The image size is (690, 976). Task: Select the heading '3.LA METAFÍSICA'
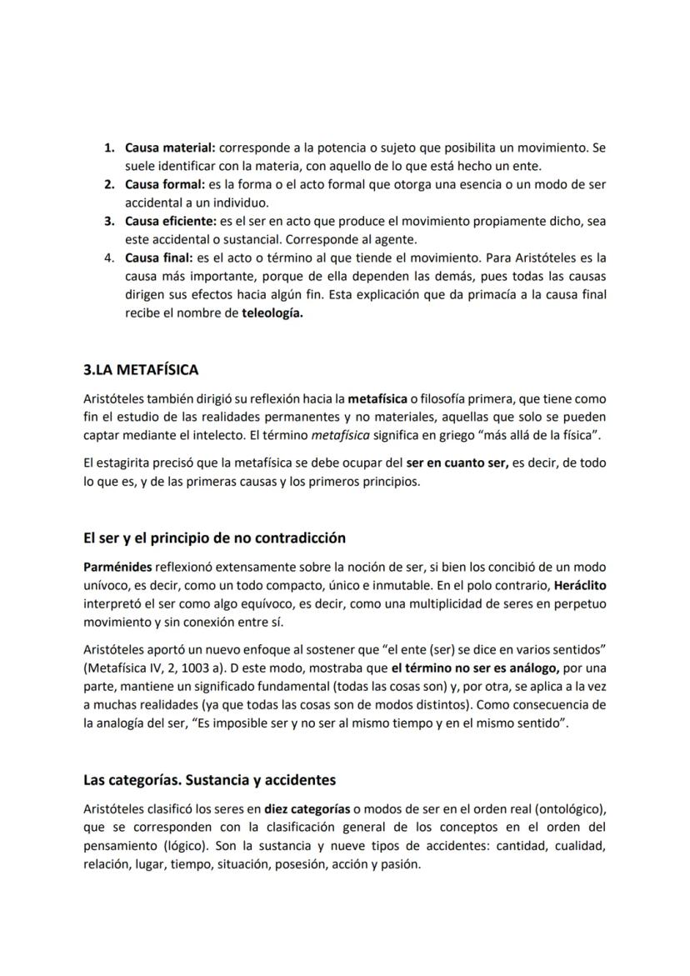(141, 369)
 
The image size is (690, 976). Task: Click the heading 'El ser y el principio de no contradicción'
(214, 538)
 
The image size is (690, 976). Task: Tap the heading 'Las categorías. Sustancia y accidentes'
(209, 780)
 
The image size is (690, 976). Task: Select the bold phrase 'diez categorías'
(307, 808)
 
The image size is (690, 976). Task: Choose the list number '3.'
(109, 221)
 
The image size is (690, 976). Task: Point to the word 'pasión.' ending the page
(401, 863)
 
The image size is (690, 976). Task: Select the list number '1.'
(109, 148)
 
